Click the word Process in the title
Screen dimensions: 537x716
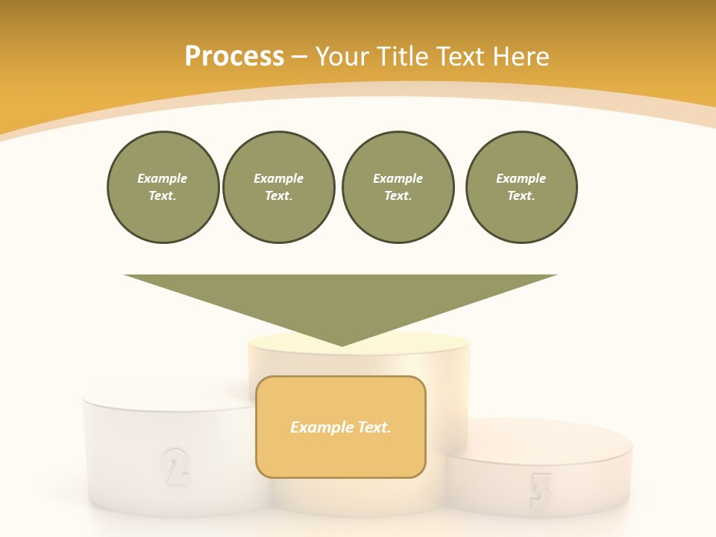234,57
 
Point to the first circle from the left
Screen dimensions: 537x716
163,187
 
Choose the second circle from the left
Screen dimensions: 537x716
278,187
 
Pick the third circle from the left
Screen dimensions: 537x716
398,187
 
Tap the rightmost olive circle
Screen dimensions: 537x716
521,187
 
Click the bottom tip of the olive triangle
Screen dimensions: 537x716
342,344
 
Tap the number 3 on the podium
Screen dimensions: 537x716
540,491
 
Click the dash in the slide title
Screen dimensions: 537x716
299,57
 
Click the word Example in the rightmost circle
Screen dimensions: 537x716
521,178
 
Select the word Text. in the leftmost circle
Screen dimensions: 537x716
163,196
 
